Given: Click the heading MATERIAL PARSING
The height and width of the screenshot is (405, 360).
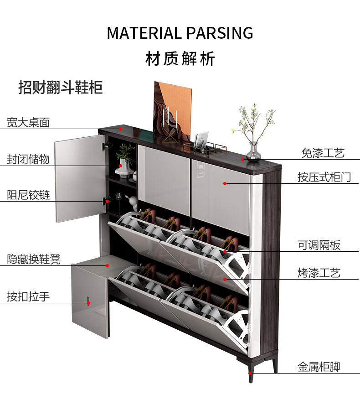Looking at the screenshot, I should [180, 33].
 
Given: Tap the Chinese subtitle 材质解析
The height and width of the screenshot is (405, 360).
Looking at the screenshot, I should [180, 59].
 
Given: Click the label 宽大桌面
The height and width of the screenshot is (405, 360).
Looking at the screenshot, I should [28, 122].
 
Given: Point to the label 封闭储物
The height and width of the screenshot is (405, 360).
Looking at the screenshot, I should [28, 159].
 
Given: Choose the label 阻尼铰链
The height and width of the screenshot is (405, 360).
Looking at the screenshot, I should [28, 195].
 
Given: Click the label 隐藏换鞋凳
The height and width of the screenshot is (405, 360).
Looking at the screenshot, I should [34, 259].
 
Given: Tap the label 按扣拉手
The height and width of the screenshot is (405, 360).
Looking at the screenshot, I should [28, 296].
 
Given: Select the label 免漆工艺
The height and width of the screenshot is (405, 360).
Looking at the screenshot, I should [323, 153].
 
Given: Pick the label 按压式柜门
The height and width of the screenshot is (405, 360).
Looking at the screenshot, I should [324, 177].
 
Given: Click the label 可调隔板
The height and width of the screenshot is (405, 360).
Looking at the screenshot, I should [319, 245].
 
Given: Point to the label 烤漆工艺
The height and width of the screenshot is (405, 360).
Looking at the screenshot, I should [319, 273].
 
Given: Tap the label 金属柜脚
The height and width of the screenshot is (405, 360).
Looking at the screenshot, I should [319, 366].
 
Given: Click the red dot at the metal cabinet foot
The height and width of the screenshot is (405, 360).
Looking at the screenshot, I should [250, 373].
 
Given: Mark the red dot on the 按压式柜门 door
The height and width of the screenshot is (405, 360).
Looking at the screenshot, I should [225, 183].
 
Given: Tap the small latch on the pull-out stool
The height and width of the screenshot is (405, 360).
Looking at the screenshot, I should [88, 301].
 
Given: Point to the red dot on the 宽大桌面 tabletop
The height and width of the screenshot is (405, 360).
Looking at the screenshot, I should [121, 129].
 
